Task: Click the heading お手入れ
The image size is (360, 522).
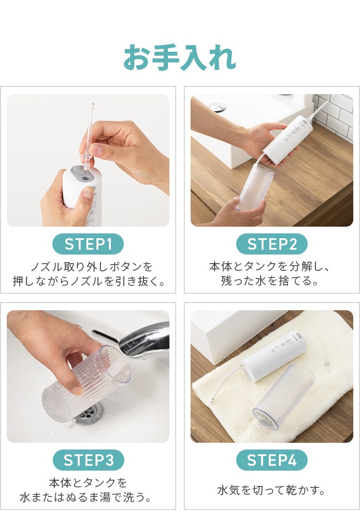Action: tap(180, 58)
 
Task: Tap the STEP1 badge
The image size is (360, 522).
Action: tap(88, 244)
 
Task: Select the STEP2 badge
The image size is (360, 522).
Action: tap(272, 244)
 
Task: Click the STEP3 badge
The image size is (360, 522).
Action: tap(88, 460)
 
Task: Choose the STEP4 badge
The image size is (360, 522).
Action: tap(272, 460)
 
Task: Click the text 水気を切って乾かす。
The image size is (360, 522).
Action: tap(272, 490)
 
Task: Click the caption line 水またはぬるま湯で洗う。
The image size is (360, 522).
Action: tap(88, 497)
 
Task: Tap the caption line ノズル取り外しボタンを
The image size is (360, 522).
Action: tap(88, 267)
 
